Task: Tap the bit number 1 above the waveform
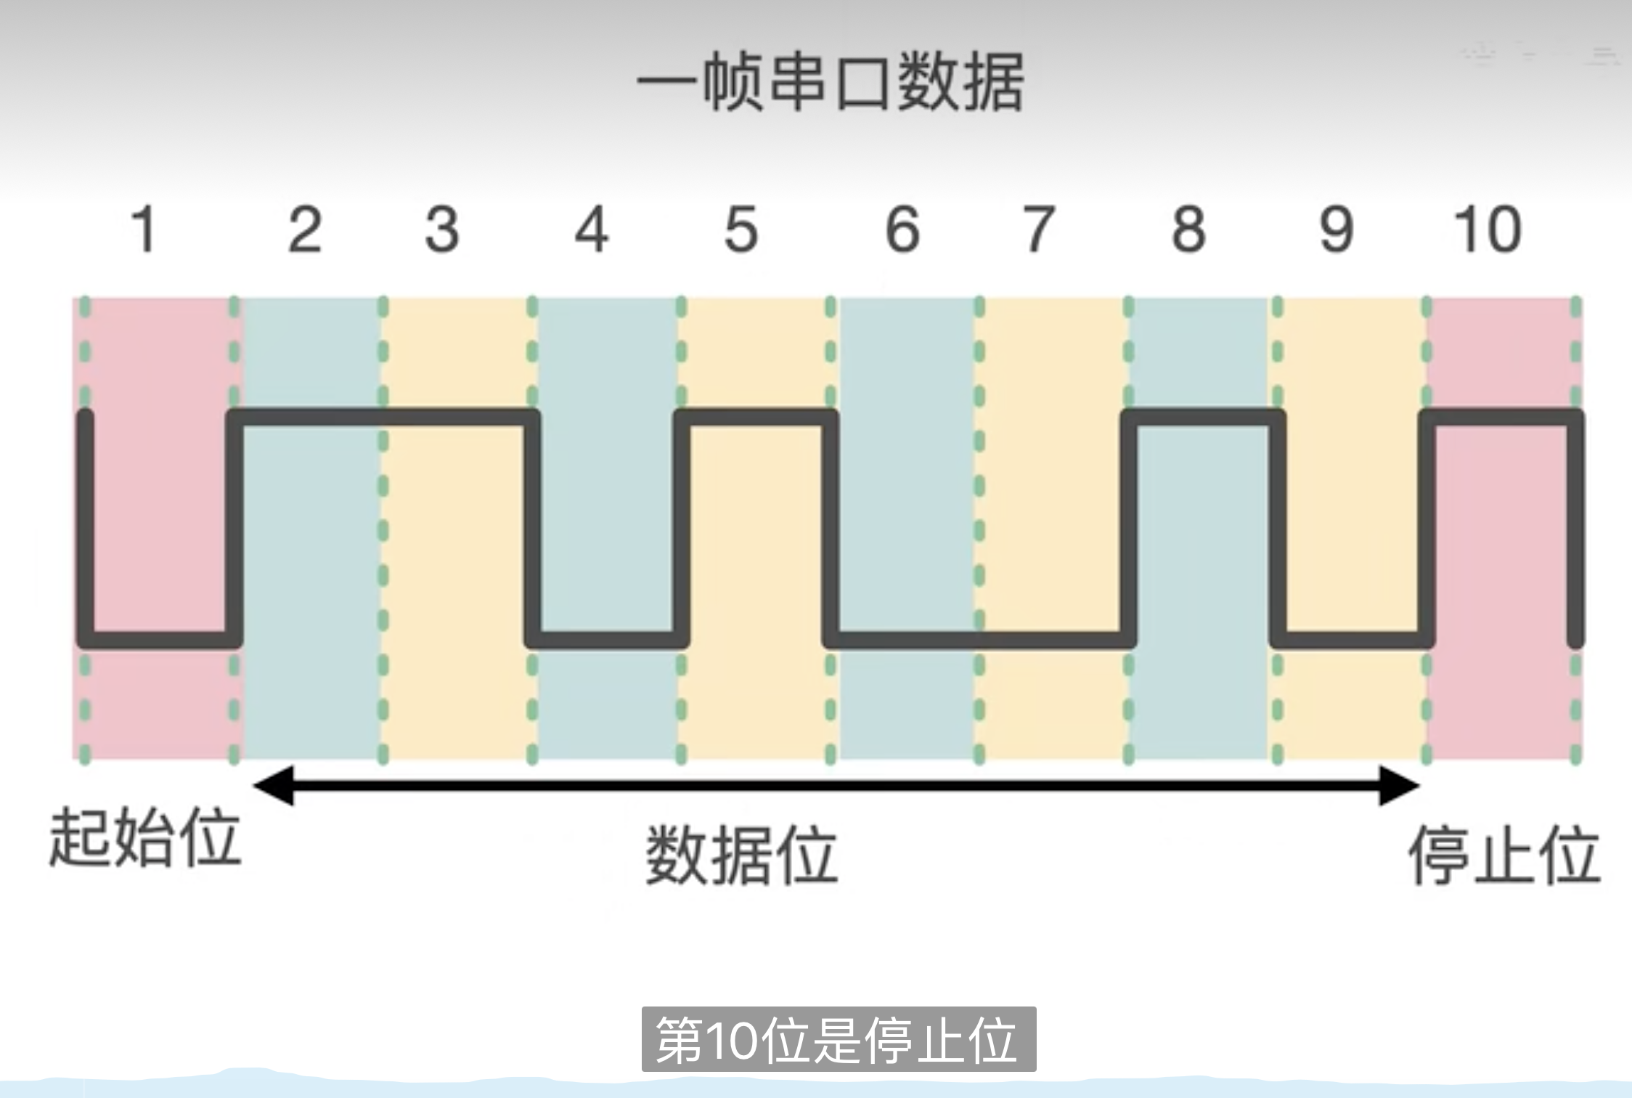point(144,230)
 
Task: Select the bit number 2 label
point(304,230)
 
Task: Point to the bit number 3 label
point(441,230)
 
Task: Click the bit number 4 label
point(591,230)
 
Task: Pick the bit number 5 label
point(741,230)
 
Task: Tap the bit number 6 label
point(902,230)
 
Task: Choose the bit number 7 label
point(1039,230)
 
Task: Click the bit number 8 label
point(1188,230)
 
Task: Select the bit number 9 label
point(1337,230)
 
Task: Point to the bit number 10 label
point(1487,230)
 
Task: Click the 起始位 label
point(144,839)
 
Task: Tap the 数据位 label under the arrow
point(741,855)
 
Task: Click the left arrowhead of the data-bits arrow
point(272,785)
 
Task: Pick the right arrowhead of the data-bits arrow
point(1399,785)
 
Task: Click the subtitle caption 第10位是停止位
point(839,1040)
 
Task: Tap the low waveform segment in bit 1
point(160,640)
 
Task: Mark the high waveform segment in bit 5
point(756,418)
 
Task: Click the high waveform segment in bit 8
point(1203,418)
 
